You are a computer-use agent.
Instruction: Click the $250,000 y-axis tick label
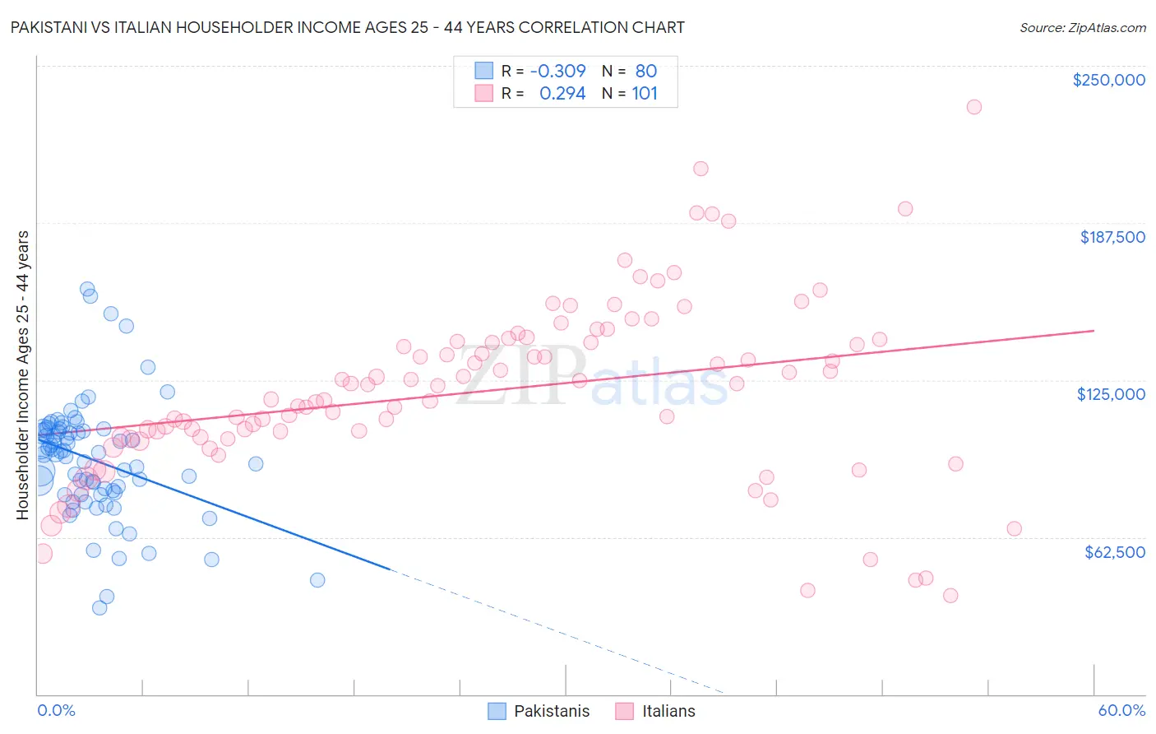[x=1108, y=80]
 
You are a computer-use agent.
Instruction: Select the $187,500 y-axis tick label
[x=1112, y=237]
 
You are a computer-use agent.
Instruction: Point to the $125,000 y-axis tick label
[x=1111, y=394]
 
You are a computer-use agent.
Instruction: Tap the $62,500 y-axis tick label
[x=1115, y=552]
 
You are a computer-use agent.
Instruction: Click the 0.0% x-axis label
[x=56, y=710]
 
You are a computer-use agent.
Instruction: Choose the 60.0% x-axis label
[x=1121, y=710]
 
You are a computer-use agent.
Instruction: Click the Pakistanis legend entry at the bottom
[x=539, y=711]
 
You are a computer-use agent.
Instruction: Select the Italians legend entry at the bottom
[x=655, y=711]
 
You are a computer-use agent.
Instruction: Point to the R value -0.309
[x=557, y=71]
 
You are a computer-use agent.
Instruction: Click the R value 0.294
[x=562, y=93]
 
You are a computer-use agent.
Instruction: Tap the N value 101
[x=645, y=93]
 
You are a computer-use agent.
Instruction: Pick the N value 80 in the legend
[x=645, y=71]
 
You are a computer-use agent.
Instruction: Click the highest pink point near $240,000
[x=973, y=107]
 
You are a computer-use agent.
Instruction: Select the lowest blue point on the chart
[x=99, y=607]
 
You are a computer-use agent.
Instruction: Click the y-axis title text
[x=22, y=375]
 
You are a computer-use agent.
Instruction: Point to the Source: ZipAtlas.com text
[x=1082, y=27]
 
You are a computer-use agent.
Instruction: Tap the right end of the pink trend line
[x=1094, y=330]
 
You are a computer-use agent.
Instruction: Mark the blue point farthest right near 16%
[x=317, y=580]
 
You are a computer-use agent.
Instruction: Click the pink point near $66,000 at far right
[x=1014, y=528]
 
